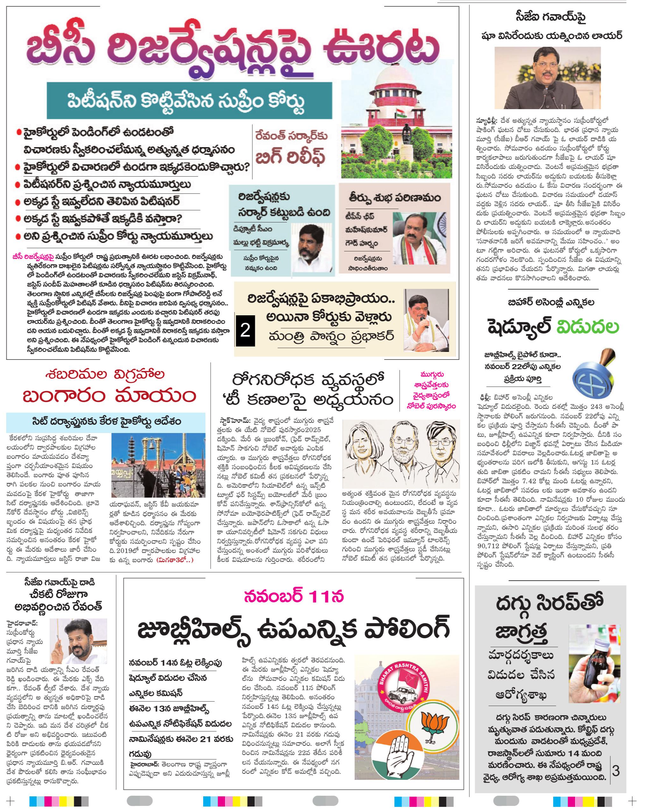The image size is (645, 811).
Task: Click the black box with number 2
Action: (245, 331)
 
